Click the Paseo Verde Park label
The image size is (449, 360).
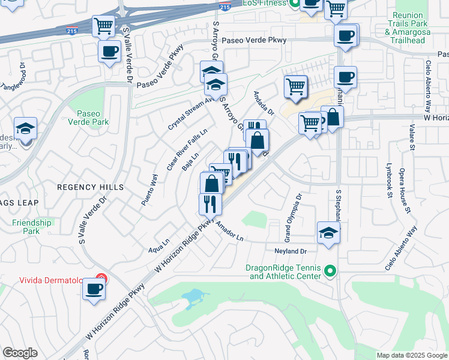(92, 116)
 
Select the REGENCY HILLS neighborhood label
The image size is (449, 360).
(90, 187)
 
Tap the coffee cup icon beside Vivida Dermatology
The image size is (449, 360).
(94, 289)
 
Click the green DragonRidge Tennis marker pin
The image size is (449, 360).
(330, 272)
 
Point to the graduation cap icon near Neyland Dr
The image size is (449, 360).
(328, 233)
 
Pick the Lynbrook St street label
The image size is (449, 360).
(390, 179)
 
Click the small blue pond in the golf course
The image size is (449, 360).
(191, 296)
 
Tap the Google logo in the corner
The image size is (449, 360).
(20, 353)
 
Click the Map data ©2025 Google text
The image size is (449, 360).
(412, 355)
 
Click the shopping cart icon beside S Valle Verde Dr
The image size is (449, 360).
(103, 26)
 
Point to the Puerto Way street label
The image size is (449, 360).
(149, 190)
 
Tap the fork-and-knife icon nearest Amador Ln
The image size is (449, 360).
(210, 203)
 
